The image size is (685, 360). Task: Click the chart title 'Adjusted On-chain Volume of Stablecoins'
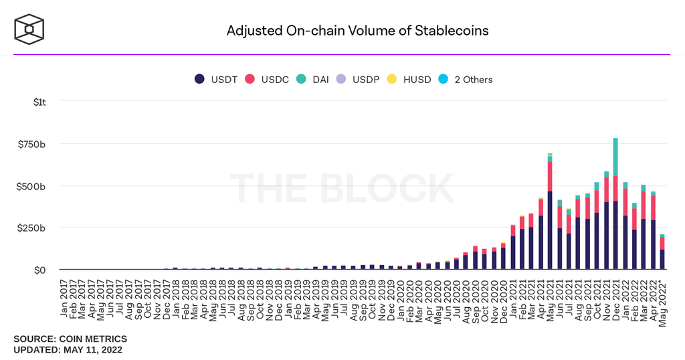(357, 31)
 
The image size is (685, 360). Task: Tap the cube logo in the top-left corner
(29, 29)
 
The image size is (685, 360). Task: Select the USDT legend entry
(216, 80)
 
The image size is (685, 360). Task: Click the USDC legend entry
(266, 80)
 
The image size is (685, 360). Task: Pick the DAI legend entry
(312, 80)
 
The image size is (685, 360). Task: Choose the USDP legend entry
(358, 80)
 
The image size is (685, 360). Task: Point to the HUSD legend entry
(409, 80)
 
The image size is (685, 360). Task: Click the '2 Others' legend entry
(466, 80)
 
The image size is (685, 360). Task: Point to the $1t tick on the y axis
(39, 102)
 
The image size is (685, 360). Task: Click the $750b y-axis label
(31, 144)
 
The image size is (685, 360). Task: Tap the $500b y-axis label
(31, 187)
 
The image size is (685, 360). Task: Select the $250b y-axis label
(31, 228)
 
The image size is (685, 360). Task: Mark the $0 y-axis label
(39, 270)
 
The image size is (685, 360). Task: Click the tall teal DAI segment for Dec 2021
(615, 157)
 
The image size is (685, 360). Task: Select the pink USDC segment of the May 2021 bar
(550, 177)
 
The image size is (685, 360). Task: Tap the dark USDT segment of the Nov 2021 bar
(606, 236)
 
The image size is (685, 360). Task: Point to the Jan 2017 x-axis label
(64, 299)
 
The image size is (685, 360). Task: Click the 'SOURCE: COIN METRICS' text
(70, 339)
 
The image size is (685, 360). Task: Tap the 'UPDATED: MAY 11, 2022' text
(68, 350)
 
